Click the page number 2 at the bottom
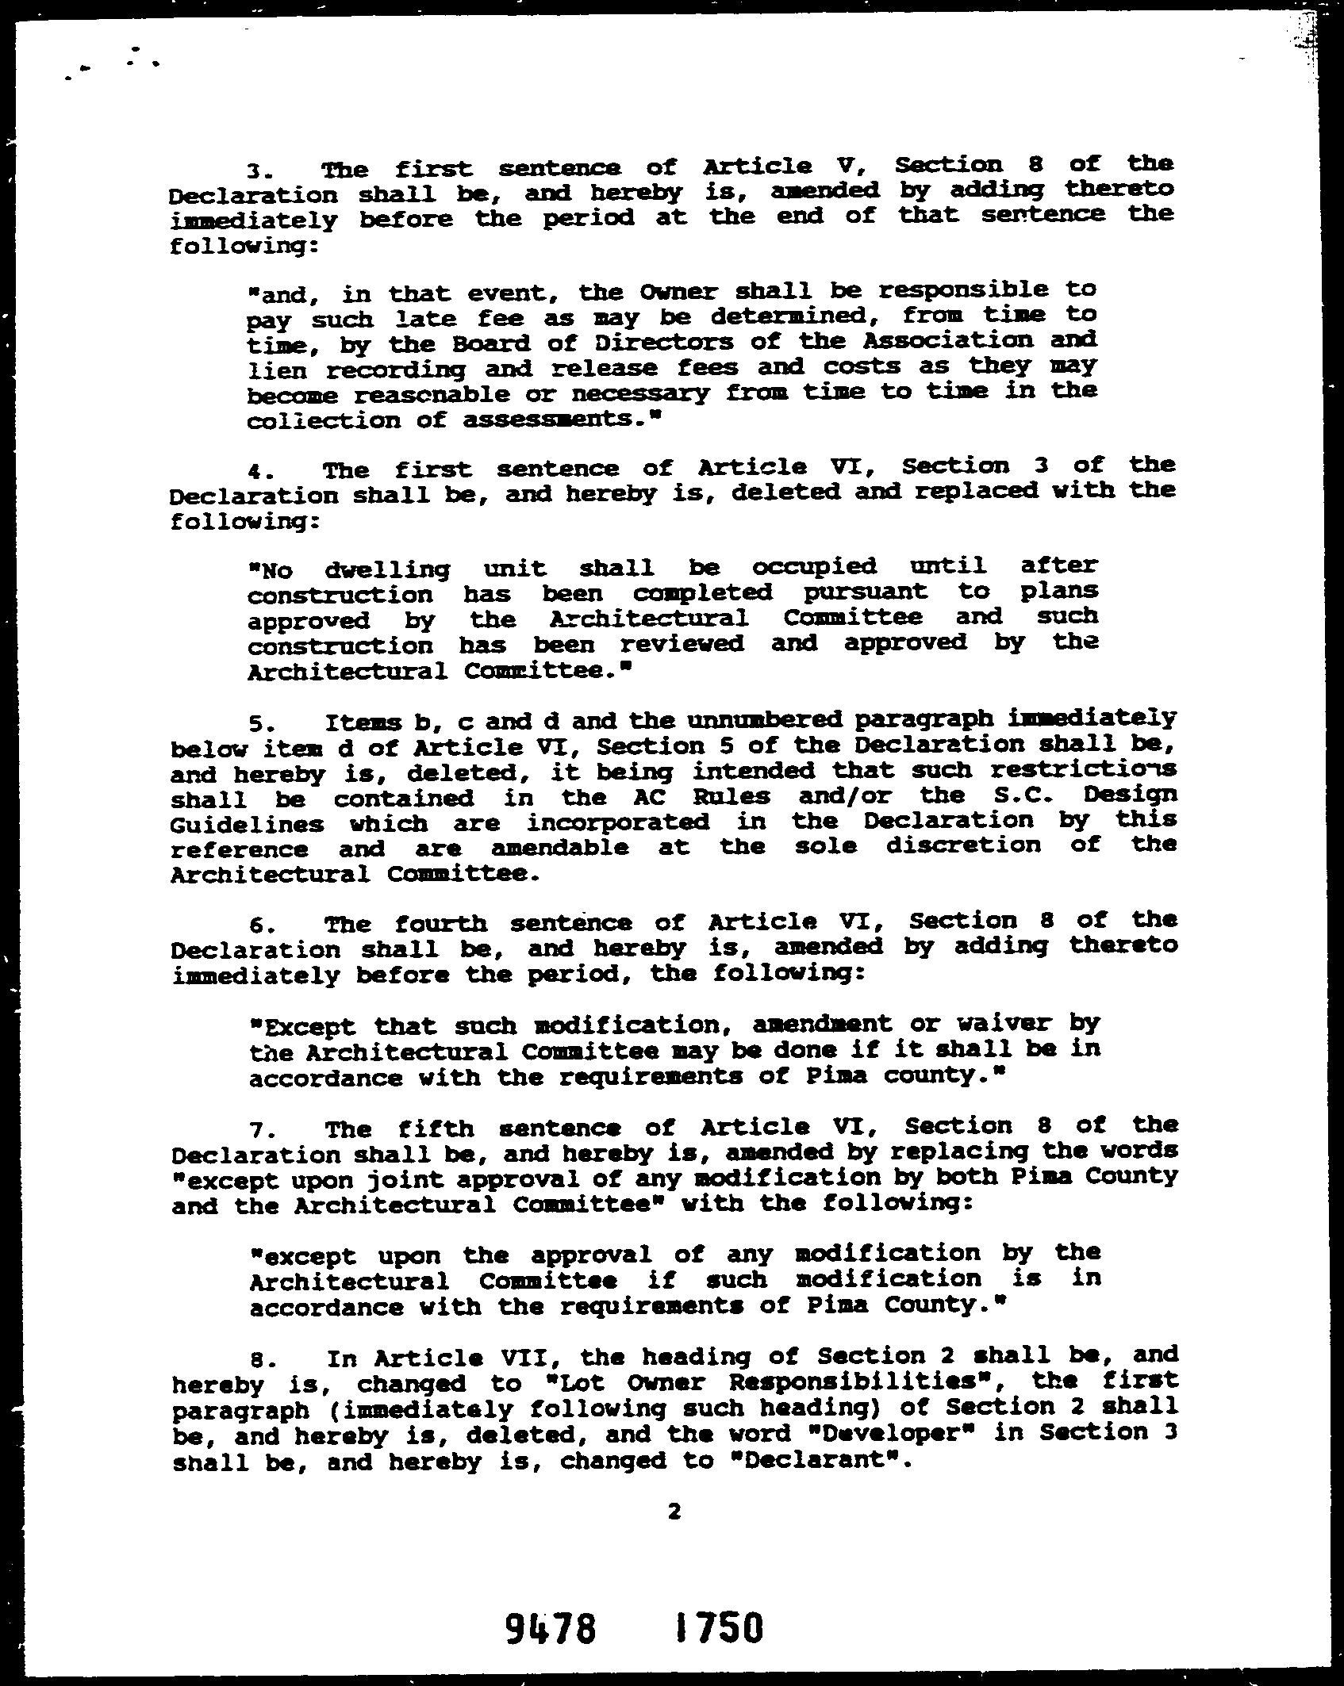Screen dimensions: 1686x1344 pyautogui.click(x=674, y=1512)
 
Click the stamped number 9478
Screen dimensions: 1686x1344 pyautogui.click(x=550, y=1630)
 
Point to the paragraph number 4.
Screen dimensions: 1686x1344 pyautogui.click(x=254, y=471)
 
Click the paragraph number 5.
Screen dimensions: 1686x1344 pyautogui.click(x=255, y=725)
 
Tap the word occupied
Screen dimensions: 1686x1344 pyautogui.click(x=814, y=566)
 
